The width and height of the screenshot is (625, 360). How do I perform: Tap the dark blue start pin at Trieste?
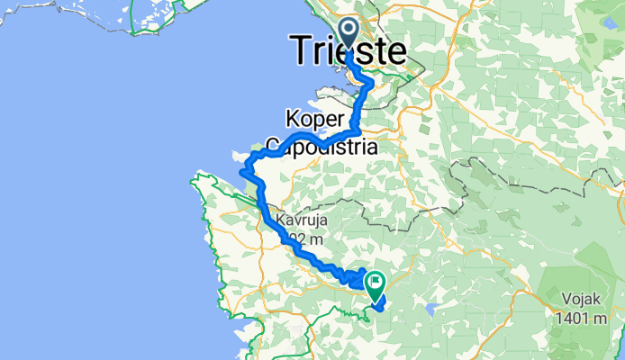(349, 33)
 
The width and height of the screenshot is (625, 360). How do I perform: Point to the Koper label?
(316, 118)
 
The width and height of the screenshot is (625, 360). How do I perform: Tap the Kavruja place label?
(303, 220)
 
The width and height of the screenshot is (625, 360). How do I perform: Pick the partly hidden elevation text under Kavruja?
(301, 239)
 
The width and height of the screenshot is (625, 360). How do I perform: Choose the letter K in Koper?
(292, 118)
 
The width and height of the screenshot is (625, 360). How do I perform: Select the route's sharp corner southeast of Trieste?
(370, 84)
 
